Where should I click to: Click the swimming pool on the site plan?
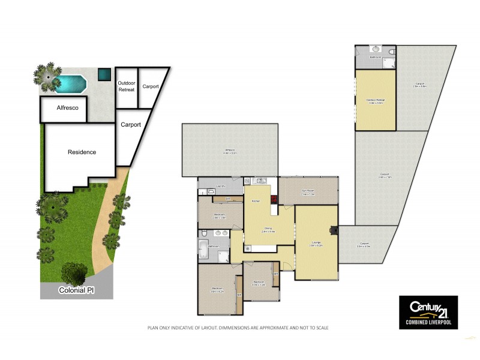point(67,83)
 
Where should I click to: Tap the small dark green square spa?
point(105,74)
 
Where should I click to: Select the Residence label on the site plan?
point(81,152)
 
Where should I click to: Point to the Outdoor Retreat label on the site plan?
point(127,86)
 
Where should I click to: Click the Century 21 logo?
point(428,311)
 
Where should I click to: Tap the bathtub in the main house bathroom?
point(202,250)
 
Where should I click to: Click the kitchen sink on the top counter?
point(262,180)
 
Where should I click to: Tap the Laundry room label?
point(221,186)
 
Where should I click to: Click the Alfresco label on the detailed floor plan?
point(230,151)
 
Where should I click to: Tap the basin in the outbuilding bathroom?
point(375,49)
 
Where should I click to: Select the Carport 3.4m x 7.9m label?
point(385,176)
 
